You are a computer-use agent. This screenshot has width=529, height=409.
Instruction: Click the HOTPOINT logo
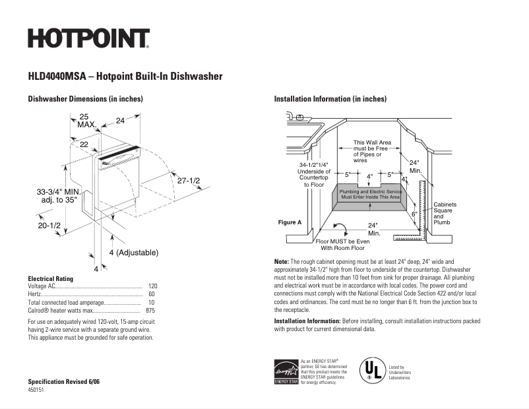click(x=88, y=38)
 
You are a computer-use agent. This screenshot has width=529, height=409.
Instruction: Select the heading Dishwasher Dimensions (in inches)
click(x=85, y=99)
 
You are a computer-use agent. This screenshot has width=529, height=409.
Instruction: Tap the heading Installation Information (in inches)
click(x=330, y=99)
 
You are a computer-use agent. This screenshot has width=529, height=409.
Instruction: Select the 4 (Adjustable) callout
click(x=133, y=253)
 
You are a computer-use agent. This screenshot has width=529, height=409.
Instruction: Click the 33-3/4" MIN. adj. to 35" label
click(x=59, y=195)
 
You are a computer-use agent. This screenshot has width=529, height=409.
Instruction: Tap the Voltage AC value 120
click(x=152, y=286)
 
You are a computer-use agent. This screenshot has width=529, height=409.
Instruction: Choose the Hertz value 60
click(x=152, y=294)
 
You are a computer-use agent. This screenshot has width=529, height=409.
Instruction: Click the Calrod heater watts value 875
click(x=150, y=310)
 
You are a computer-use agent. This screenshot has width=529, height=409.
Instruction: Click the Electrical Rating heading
click(x=50, y=278)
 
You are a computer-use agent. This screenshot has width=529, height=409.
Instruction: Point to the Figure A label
click(x=290, y=222)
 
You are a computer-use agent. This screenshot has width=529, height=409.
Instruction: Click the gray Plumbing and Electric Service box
click(x=370, y=195)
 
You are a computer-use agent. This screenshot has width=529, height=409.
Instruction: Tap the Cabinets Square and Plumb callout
click(x=445, y=213)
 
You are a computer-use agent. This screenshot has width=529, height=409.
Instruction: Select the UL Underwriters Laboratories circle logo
click(x=372, y=371)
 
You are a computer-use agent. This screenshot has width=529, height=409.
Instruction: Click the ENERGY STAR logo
click(x=286, y=371)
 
